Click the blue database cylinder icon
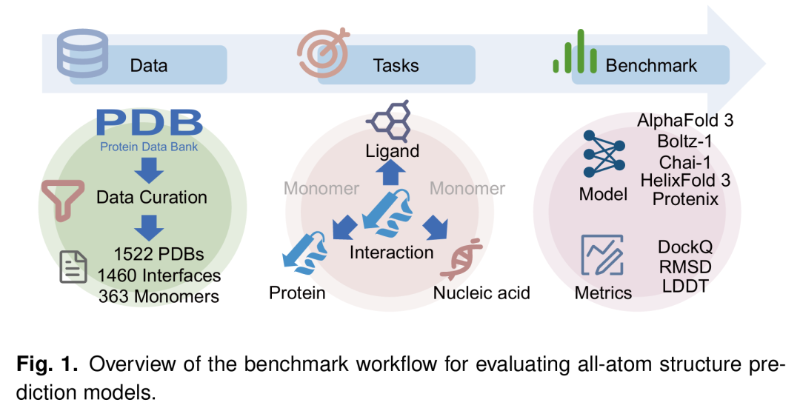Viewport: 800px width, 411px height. coord(82,53)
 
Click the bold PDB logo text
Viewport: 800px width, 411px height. coord(150,122)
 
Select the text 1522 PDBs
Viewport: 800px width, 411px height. coord(159,254)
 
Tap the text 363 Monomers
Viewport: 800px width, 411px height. coord(159,296)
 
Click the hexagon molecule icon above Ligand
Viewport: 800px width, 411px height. coord(391,121)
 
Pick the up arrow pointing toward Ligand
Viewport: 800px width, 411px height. coord(391,172)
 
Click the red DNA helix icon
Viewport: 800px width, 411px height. coord(461,258)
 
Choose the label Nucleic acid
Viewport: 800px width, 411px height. coord(481,293)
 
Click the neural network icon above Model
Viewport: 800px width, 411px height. coord(604,154)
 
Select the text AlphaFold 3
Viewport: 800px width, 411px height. coord(685,121)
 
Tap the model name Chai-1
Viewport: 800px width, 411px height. coord(685,162)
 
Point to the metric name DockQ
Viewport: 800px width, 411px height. coord(685,247)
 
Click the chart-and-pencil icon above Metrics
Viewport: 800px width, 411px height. coord(602,255)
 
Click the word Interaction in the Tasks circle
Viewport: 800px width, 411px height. coord(391,253)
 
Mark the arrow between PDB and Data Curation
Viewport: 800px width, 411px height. coord(150,170)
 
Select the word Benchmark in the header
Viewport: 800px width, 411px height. coord(651,65)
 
